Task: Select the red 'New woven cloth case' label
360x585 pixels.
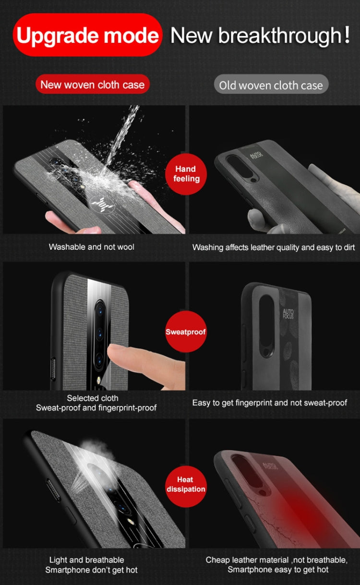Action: click(x=92, y=85)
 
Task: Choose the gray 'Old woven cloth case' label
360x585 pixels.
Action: click(x=271, y=85)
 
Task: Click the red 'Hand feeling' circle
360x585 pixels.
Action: click(x=186, y=174)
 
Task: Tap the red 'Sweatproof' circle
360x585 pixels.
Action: click(x=186, y=332)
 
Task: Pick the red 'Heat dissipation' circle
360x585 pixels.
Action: click(x=186, y=484)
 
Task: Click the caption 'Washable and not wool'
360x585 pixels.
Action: click(x=91, y=247)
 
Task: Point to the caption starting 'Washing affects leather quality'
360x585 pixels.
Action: click(x=274, y=247)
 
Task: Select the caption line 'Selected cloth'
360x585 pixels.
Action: click(x=93, y=398)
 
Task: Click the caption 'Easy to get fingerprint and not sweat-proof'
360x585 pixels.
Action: click(x=269, y=402)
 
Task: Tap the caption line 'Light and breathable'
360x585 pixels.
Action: click(x=86, y=560)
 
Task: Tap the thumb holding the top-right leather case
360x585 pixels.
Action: click(x=256, y=219)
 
